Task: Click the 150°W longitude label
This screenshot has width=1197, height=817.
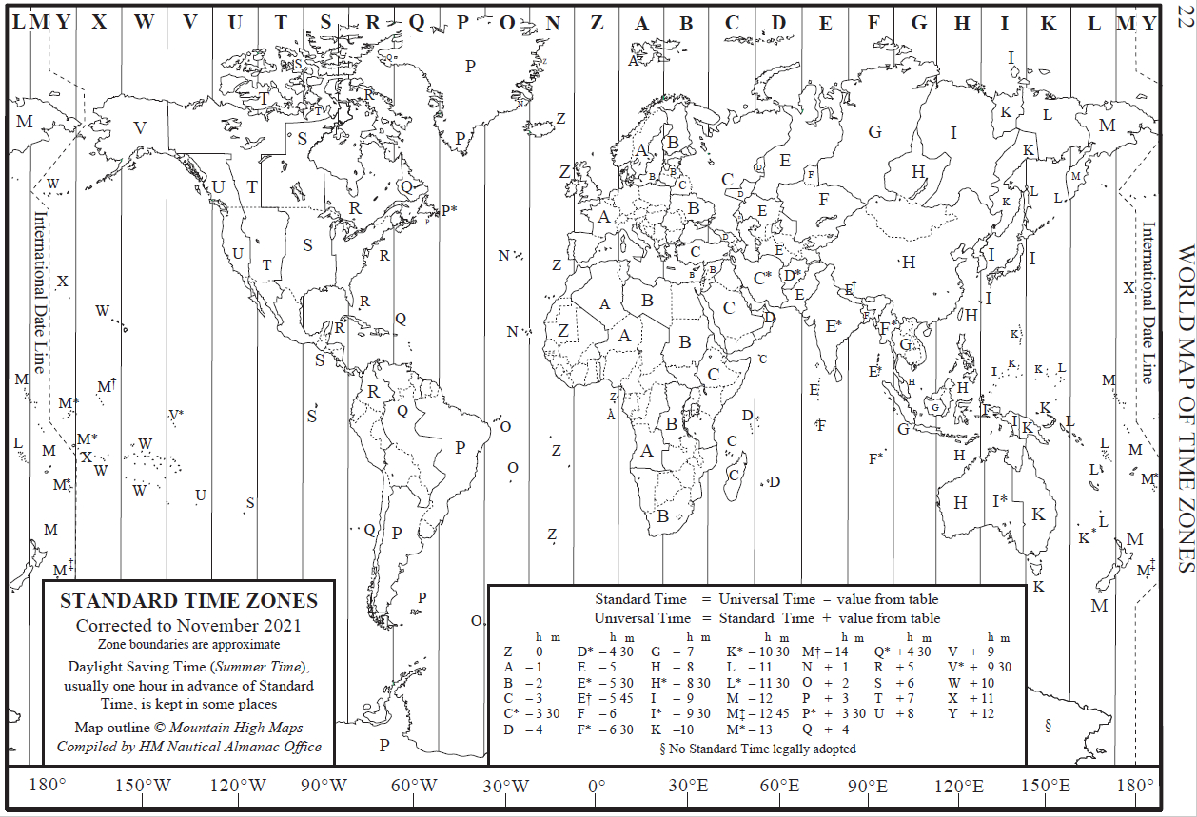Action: [x=144, y=787]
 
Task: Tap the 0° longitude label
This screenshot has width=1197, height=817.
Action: [x=596, y=787]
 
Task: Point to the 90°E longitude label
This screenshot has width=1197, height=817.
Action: [x=867, y=787]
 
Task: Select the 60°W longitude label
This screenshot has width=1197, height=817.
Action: [x=415, y=787]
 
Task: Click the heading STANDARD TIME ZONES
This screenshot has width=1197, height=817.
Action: [x=188, y=601]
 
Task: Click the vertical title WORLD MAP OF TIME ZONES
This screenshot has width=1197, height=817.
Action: [x=1186, y=409]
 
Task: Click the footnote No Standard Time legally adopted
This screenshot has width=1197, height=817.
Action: [x=761, y=749]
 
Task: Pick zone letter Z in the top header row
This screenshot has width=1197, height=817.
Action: [x=597, y=24]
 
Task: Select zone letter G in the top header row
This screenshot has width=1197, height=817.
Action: [x=919, y=24]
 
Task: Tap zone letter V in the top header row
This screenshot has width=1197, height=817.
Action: [x=189, y=24]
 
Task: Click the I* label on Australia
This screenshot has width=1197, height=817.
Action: [x=999, y=499]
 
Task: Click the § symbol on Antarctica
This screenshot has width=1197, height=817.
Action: [x=1048, y=727]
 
